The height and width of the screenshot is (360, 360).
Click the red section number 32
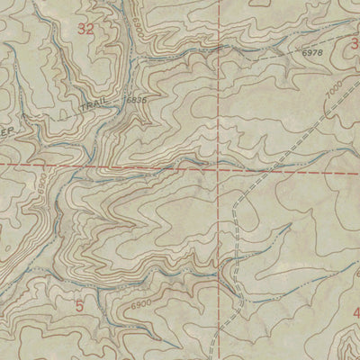click(85, 30)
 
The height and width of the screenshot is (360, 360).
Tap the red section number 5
click(79, 306)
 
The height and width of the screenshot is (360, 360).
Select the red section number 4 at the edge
click(355, 313)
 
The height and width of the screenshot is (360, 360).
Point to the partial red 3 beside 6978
click(355, 42)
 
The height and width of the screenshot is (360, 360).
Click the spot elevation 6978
click(312, 54)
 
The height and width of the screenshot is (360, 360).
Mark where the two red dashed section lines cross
click(219, 167)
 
